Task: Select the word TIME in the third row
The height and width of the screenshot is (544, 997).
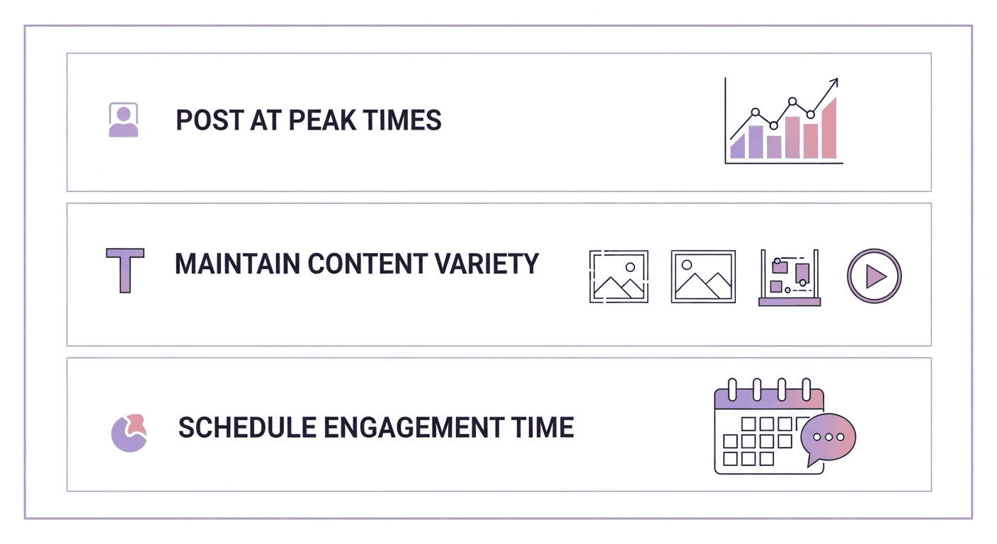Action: (x=543, y=428)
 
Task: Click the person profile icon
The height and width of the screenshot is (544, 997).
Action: (x=123, y=120)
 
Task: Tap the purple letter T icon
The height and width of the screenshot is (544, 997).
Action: (x=125, y=269)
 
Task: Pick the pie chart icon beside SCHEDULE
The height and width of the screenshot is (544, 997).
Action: (x=129, y=432)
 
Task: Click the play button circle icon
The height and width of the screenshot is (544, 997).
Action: (x=874, y=276)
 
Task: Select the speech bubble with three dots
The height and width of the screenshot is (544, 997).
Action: (x=828, y=436)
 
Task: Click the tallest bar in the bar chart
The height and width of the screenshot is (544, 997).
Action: (x=829, y=128)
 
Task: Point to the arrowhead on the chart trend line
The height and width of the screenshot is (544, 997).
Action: (x=833, y=83)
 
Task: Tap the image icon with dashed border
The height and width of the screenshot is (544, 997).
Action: (x=618, y=276)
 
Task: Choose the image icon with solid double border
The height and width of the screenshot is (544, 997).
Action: (x=703, y=276)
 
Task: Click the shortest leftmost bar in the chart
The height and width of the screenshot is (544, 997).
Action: (x=737, y=147)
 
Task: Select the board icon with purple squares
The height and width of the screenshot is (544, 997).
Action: (x=790, y=277)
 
